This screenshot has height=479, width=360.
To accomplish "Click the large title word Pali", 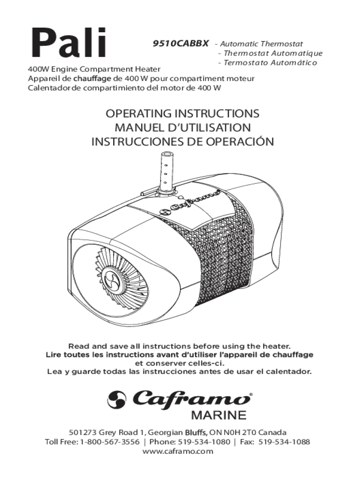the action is click(68, 44).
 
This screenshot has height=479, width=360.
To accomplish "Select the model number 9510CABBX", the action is click(180, 44).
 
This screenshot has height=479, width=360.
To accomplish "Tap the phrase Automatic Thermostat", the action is click(261, 44).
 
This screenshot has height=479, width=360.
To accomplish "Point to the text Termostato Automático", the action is click(270, 63).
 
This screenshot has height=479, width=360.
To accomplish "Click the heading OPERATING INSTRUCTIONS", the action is click(182, 113).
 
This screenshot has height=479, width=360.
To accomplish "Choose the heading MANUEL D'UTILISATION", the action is click(182, 127).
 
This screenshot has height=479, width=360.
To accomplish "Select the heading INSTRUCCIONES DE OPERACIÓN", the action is click(183, 141).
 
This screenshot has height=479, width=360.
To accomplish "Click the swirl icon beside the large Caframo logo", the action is click(116, 399).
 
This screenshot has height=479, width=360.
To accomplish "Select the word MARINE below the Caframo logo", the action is click(218, 415).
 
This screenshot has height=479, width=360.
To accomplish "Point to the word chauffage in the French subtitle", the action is click(92, 79).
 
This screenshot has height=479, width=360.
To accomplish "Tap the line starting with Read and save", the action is click(179, 346).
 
